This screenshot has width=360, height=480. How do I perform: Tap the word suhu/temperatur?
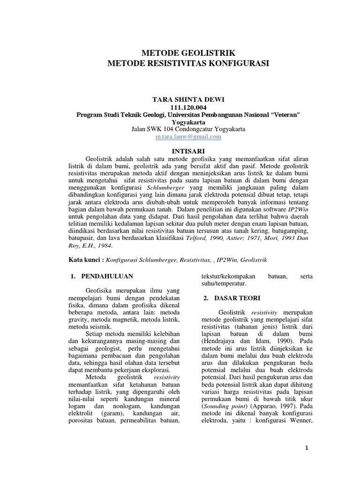[x=221, y=284]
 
